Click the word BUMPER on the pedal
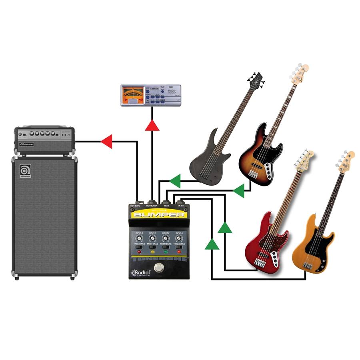159,215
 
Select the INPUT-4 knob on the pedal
139,238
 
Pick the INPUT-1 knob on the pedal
179,238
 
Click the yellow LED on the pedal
152,252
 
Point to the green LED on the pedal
166,252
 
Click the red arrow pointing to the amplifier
106,141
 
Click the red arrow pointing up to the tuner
152,125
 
